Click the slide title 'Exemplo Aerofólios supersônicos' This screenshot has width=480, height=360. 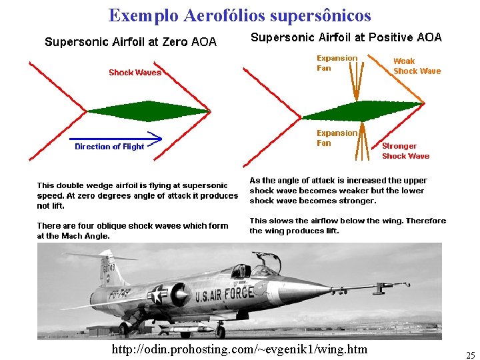coord(239,15)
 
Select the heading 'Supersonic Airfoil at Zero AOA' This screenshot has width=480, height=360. coord(131,42)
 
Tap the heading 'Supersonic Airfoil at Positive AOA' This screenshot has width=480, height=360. coord(346,37)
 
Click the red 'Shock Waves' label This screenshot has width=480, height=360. coord(135,72)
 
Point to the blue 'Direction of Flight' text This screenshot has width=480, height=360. coord(109,147)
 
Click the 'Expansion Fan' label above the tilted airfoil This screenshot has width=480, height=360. coord(337,63)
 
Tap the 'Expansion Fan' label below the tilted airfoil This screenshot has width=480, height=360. coord(337,137)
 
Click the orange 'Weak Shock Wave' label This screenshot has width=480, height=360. coord(417,66)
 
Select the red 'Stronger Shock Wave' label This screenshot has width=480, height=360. coord(405,151)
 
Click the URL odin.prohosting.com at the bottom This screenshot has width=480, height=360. coord(239,349)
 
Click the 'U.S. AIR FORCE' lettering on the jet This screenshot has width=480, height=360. coord(224,294)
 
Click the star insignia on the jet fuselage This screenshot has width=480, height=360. coord(159,295)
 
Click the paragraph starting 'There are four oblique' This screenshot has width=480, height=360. coord(133,231)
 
